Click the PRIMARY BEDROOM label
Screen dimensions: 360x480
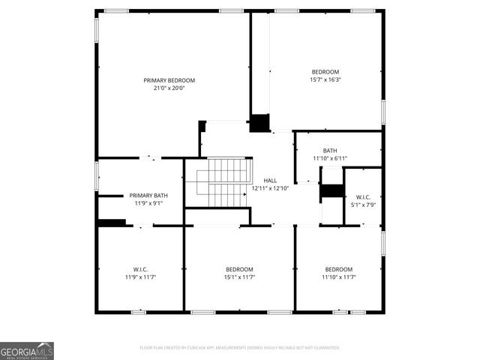pos(169,80)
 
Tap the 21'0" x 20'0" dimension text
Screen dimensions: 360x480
pos(169,88)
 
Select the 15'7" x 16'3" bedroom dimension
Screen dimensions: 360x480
pos(325,79)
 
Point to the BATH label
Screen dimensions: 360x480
pos(330,151)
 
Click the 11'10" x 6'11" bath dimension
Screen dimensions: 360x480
pos(330,158)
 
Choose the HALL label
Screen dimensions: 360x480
pos(270,181)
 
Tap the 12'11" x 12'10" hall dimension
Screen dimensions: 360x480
pos(270,188)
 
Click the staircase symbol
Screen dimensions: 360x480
pos(222,182)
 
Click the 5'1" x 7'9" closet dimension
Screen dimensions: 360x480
pos(363,205)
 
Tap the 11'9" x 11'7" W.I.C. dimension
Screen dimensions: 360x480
pos(140,277)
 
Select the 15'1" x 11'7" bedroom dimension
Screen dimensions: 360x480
pos(239,277)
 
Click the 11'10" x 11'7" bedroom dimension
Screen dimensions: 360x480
pos(338,277)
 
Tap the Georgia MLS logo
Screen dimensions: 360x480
pos(27,351)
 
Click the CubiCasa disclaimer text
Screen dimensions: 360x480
pos(240,348)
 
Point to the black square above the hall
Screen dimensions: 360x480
pos(259,123)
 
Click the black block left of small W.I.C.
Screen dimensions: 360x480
pos(331,190)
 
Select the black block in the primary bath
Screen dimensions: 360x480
pos(112,222)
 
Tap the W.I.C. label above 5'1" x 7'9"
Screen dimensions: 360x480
pos(363,197)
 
